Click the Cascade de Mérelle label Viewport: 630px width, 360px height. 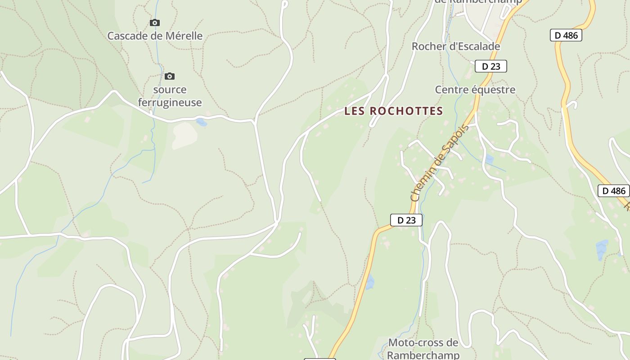155,36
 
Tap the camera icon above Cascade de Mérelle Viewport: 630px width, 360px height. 155,22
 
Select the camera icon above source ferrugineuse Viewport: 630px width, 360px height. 170,76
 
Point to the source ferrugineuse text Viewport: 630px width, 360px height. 170,96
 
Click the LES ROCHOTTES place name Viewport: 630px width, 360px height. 394,111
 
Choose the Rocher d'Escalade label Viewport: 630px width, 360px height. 456,46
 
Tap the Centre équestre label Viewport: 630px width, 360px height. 475,90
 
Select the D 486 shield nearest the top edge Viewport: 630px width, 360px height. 566,35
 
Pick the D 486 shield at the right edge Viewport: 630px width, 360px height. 614,191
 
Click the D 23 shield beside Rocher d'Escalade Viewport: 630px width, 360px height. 491,66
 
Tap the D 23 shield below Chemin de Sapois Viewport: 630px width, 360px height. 406,220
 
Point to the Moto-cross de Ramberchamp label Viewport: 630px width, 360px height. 423,349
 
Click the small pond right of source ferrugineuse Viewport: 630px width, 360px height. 202,122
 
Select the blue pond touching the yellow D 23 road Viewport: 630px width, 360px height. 370,283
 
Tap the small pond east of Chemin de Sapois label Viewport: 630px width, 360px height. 489,159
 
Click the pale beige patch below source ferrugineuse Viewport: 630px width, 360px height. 184,135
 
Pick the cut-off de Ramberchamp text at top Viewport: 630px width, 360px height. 478,1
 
